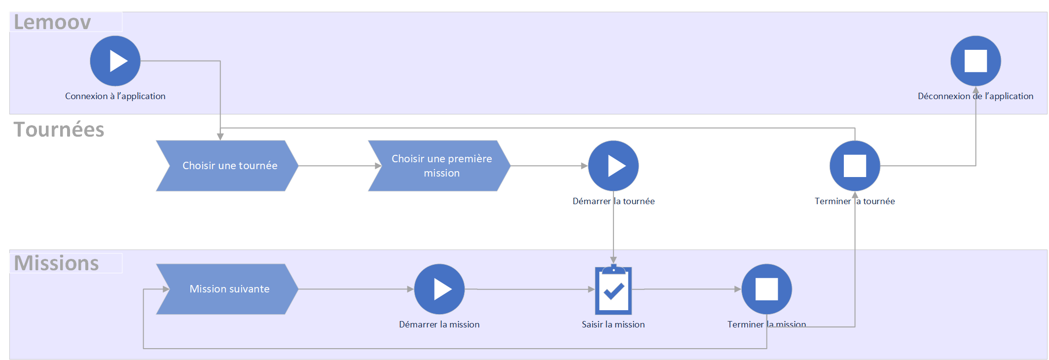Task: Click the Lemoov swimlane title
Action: pos(52,22)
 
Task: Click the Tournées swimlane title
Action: pos(59,130)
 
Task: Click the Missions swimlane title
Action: pos(56,263)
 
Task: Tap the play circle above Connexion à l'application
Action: pos(115,61)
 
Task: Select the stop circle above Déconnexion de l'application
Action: pos(976,61)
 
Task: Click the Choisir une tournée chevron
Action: pos(227,166)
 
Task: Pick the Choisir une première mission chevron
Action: pos(439,166)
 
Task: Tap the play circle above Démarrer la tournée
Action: pos(614,166)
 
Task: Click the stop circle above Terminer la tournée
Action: pos(855,166)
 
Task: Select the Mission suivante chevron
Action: pos(227,289)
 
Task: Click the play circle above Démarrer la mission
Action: pos(439,289)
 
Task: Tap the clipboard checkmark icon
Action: pos(614,290)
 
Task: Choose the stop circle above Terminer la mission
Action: pos(767,289)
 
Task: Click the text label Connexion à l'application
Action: pos(115,96)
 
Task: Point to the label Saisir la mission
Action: pos(613,324)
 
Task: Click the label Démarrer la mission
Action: pos(439,324)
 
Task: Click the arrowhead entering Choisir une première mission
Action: pos(378,166)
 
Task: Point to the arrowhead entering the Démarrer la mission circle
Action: pos(410,289)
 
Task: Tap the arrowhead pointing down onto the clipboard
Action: pos(614,260)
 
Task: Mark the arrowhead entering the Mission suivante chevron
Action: pos(166,289)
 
